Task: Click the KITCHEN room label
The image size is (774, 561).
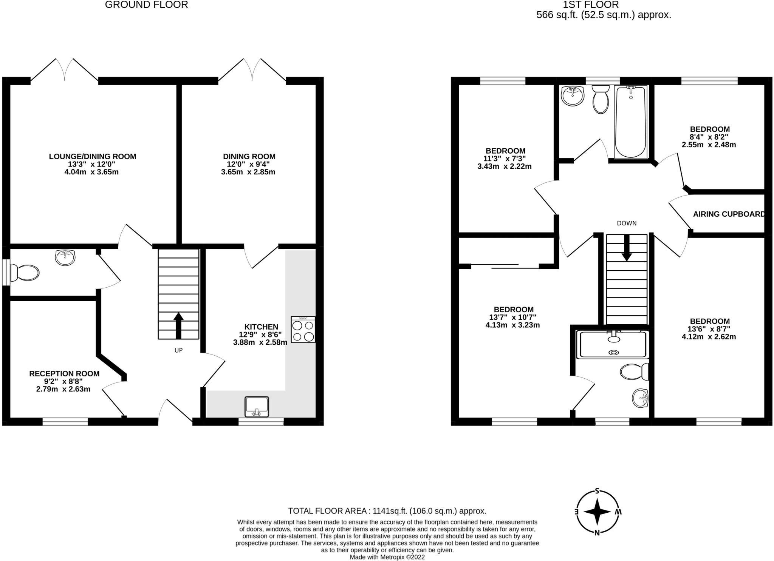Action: pos(261,327)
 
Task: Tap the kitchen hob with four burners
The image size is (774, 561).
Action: pos(303,330)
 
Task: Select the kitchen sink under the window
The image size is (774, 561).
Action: pos(257,407)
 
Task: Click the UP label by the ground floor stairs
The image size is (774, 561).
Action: pos(178,350)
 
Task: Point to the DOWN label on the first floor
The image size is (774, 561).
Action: pos(627,223)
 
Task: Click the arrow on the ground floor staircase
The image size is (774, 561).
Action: pos(178,325)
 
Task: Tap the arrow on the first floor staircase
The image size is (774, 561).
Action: pos(627,248)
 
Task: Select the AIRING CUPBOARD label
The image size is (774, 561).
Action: pos(729,214)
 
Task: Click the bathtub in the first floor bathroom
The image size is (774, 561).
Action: pos(631,122)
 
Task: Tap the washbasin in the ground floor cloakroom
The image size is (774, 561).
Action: pos(65,257)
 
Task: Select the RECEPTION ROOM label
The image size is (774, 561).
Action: pos(64,373)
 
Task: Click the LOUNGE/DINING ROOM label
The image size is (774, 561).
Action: pos(93,156)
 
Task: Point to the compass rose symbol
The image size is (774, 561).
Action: pos(597,512)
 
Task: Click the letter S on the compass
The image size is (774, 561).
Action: pos(597,491)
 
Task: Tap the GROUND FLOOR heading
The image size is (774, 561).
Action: pos(146,5)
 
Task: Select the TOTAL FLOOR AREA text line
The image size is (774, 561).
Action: pos(387,511)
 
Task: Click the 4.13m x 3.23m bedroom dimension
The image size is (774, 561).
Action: pos(512,325)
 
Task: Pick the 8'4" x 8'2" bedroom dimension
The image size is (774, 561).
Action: pos(709,137)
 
